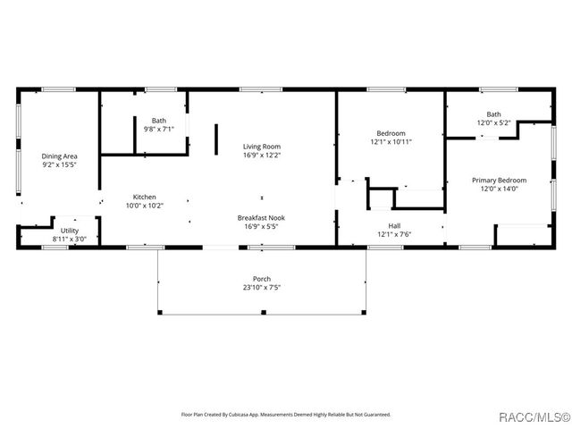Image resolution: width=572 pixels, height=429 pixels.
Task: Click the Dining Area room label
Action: click(59, 156)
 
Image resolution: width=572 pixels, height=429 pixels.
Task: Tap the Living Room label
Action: click(262, 147)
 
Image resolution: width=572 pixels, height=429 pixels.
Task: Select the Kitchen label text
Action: click(145, 197)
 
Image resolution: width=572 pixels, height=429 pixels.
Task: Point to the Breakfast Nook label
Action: click(262, 218)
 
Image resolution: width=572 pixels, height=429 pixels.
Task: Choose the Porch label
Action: click(262, 279)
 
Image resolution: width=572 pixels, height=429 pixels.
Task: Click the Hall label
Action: click(394, 226)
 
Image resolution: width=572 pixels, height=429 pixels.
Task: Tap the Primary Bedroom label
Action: click(499, 180)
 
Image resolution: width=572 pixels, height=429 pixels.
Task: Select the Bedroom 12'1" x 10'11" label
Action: click(391, 133)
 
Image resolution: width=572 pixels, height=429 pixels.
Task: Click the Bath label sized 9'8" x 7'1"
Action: click(158, 121)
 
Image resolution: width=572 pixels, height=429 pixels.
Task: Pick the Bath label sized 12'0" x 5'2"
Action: click(493, 114)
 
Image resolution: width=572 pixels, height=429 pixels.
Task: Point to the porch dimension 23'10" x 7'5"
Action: click(262, 288)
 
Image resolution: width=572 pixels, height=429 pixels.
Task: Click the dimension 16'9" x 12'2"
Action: click(262, 156)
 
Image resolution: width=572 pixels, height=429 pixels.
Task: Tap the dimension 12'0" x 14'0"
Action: click(499, 189)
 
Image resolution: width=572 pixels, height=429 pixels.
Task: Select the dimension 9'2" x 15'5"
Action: click(59, 164)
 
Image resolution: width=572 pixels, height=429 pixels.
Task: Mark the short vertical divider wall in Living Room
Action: click(215, 140)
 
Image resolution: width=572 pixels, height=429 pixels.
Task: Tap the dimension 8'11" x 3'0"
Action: click(70, 240)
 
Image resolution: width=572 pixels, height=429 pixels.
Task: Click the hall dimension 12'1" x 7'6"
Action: click(394, 235)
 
